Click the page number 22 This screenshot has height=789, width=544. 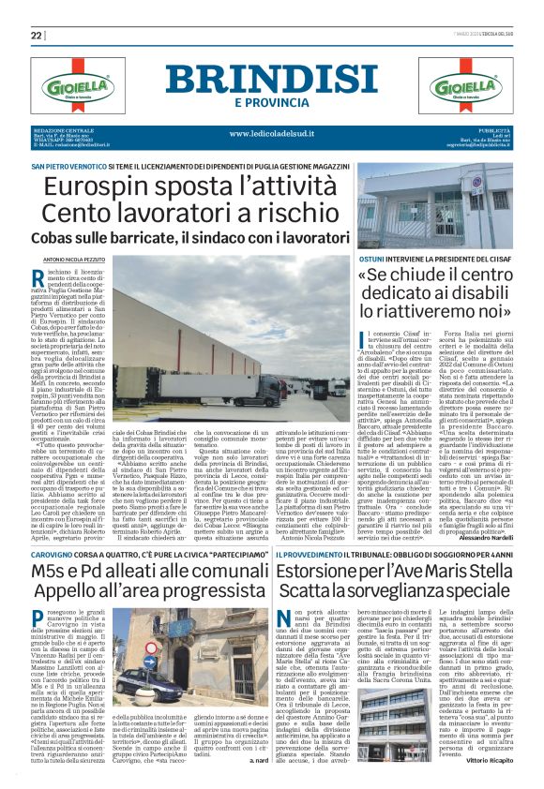coord(37,36)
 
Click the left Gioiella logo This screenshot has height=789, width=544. coord(76,86)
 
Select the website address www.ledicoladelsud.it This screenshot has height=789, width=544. coord(273,134)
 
